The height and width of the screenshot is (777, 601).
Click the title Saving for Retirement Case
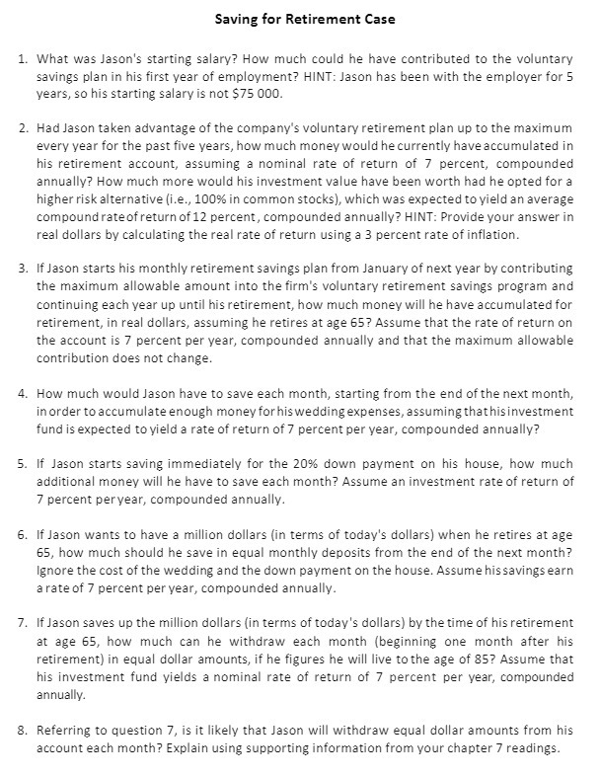[301, 18]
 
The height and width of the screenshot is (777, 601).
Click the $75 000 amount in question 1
[259, 94]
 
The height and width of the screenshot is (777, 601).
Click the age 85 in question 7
[518, 657]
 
